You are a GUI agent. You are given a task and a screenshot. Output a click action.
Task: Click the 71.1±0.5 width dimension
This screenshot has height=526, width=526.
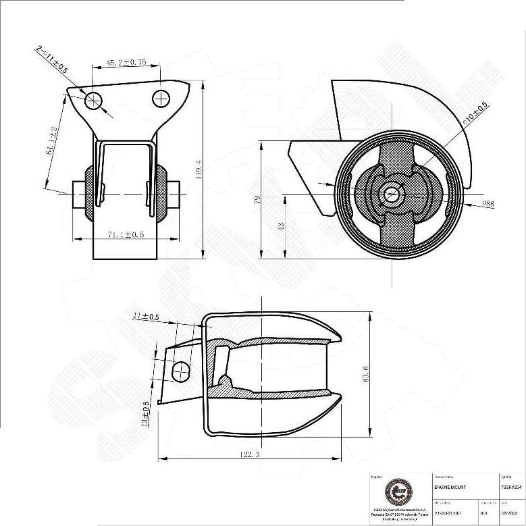pos(126,234)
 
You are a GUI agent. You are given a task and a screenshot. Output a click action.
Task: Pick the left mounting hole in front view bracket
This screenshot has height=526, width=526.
pos(93,101)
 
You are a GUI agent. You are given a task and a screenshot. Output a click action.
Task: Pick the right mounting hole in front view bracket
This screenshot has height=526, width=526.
pos(161,99)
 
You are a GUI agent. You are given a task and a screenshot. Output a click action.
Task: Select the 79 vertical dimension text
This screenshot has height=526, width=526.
pos(256,199)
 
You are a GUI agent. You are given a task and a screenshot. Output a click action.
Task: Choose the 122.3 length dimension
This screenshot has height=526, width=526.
pos(248,455)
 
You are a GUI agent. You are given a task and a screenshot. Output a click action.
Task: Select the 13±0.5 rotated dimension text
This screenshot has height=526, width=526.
pos(146,414)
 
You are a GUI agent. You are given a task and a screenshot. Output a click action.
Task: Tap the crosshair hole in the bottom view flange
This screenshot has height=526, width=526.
pos(181,370)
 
